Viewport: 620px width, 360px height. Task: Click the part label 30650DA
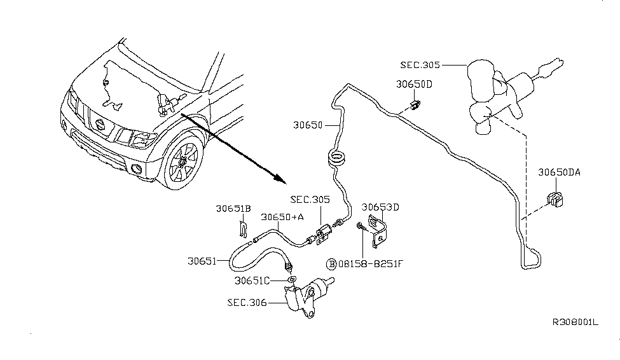click(x=559, y=172)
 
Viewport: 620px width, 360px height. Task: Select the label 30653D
click(x=380, y=207)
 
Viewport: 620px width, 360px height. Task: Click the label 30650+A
click(x=282, y=217)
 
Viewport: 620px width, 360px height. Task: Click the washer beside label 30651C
click(x=290, y=279)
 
